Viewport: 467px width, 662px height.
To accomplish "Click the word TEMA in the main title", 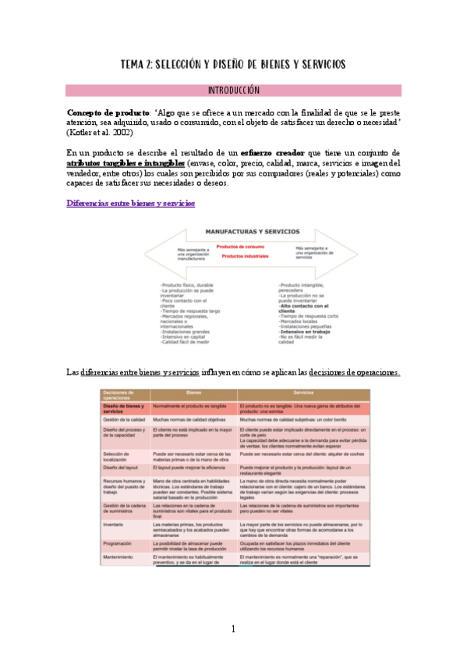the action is click(x=136, y=64).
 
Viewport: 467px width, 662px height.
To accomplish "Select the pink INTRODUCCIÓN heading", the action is click(x=233, y=91).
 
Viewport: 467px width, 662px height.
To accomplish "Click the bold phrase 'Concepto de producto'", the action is click(x=101, y=112).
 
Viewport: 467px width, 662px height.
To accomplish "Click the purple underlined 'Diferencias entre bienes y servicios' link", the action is click(x=130, y=203).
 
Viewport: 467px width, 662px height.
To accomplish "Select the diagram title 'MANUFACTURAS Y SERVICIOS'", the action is click(x=242, y=232).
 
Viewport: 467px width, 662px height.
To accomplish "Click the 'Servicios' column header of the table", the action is click(x=308, y=393).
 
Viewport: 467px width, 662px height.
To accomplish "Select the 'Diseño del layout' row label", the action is click(x=122, y=467).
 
